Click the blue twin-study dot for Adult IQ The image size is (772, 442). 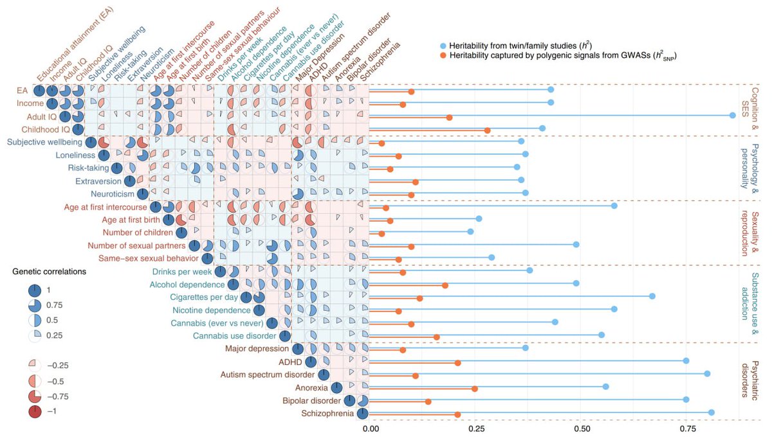[732, 115]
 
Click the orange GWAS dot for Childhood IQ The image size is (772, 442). [487, 130]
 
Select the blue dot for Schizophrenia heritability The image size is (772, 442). [711, 412]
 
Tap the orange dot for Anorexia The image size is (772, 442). [475, 389]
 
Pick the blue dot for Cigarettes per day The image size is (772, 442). [652, 296]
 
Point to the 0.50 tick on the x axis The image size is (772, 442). [581, 427]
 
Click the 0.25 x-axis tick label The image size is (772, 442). [476, 427]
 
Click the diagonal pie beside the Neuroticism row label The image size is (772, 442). [142, 193]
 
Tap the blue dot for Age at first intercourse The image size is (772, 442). [614, 206]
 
